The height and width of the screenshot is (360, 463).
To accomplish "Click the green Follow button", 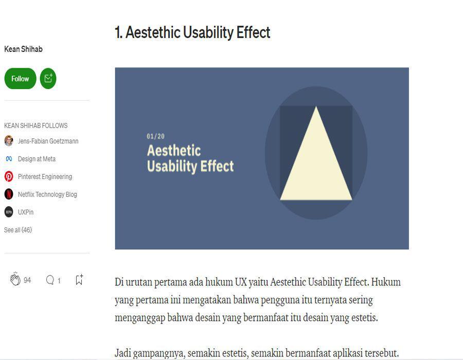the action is [x=20, y=79].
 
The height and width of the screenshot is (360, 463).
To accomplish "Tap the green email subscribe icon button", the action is [x=48, y=79].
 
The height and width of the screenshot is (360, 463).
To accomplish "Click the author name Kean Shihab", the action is [x=23, y=49].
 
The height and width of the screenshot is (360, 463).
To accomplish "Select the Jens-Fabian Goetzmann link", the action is [x=48, y=141].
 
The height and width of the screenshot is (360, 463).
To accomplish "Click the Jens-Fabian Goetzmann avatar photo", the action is [x=9, y=141].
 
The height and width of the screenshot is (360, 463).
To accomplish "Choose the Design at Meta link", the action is [x=37, y=159].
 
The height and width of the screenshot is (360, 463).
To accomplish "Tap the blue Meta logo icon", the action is [x=9, y=159].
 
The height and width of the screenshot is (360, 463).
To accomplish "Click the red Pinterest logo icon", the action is [x=9, y=176].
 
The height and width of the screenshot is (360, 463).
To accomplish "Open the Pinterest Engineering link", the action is [x=45, y=176].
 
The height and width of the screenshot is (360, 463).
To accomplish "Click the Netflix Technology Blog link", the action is [x=47, y=194].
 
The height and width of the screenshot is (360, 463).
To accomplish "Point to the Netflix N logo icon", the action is [x=9, y=194].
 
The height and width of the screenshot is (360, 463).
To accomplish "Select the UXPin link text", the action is [x=26, y=212].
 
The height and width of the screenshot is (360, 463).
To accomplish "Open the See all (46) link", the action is [x=18, y=229].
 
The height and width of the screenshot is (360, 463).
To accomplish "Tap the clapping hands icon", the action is [x=15, y=279].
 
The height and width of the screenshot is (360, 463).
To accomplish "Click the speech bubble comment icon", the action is [x=50, y=280].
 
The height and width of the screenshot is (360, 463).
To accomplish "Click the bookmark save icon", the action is [x=79, y=279].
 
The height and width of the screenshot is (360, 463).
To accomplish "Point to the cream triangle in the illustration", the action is [x=316, y=165].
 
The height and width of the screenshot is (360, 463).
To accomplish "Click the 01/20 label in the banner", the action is [x=155, y=136].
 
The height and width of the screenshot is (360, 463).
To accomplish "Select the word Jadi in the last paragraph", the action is [x=122, y=353].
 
